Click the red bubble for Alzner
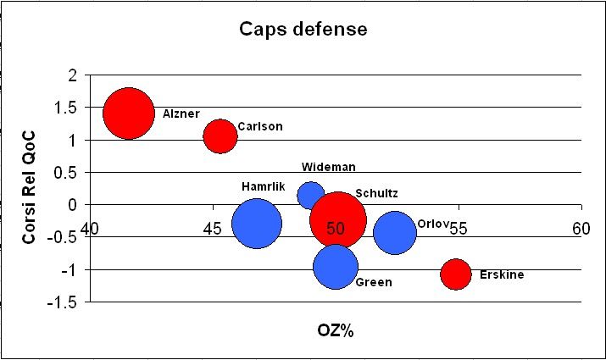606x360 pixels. coord(129,113)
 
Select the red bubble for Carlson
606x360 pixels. coord(220,136)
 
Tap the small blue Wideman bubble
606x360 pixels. coord(311,195)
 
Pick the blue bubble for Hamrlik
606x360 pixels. coord(256,224)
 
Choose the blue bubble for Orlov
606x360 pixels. coord(395,233)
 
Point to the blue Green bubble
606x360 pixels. coord(336,266)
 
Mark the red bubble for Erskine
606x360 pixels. coord(456,274)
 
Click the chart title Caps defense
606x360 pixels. coord(303,30)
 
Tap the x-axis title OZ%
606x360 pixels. coord(336,330)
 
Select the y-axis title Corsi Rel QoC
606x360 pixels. coord(28,188)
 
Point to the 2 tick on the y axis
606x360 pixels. coord(73,75)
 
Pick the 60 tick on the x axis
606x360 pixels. coord(581,228)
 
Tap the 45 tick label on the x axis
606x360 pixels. coord(213,228)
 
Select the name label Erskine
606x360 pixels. coord(502,274)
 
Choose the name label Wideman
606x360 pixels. coord(328,167)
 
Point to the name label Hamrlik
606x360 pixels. coord(264,186)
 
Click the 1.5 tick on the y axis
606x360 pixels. coord(68,108)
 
